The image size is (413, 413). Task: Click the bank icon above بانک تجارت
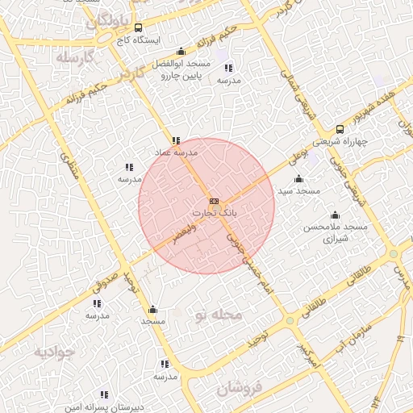point(213,201)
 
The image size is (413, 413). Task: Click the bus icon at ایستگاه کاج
point(138,27)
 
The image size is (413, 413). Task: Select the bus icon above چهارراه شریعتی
point(340,129)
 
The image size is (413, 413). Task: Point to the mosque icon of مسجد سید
point(299,179)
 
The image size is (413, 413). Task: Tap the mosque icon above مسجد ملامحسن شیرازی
point(335,215)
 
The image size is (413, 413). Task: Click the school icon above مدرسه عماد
point(176,140)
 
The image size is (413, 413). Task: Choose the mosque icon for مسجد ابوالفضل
point(181,52)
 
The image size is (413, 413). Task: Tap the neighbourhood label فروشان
point(240,389)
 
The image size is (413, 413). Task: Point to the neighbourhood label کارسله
point(76,58)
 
